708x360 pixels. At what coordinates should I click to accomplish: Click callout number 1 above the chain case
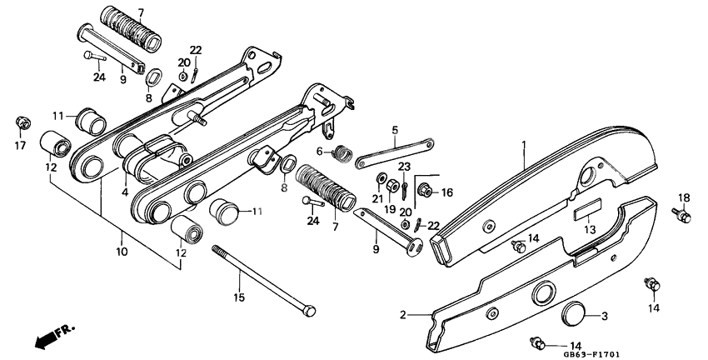[523, 144]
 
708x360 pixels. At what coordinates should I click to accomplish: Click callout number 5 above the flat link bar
[395, 129]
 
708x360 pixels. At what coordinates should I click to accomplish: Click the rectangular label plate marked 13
[586, 208]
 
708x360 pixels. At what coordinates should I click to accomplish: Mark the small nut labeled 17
[22, 124]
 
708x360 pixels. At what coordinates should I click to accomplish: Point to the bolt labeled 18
[685, 217]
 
